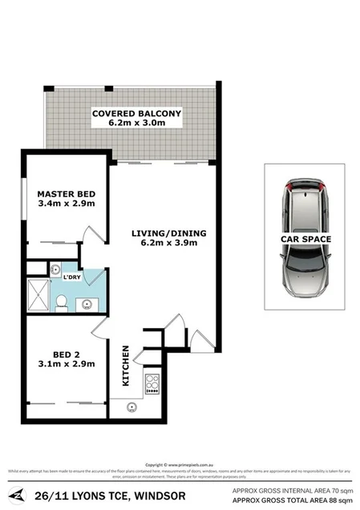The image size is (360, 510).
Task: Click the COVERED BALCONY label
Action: click(136, 113)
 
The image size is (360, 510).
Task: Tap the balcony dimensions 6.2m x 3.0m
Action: click(136, 124)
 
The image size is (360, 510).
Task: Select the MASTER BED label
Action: click(67, 192)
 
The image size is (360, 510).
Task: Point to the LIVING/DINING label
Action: click(169, 233)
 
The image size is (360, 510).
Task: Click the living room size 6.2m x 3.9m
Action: click(169, 245)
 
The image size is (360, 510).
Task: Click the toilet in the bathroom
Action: click(61, 302)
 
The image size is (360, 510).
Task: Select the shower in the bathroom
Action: click(38, 293)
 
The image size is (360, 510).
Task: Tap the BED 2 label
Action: click(67, 352)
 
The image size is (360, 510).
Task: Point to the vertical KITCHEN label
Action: click(126, 366)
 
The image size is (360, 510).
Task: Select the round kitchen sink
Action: click(131, 406)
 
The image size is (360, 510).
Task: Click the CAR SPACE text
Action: click(305, 239)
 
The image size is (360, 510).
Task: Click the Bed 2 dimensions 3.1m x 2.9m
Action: click(67, 363)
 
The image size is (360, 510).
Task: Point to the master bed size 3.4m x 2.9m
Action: click(67, 204)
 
